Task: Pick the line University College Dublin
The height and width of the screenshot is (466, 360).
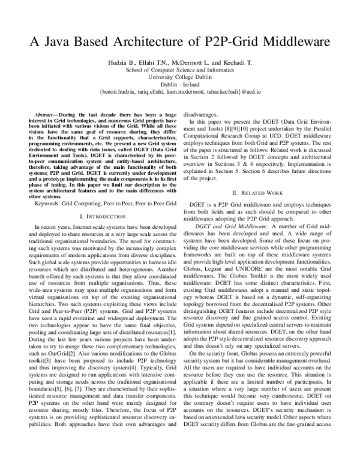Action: [179, 77]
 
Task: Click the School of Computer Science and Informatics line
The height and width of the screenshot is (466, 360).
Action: [179, 70]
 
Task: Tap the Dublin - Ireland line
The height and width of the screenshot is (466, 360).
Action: [179, 85]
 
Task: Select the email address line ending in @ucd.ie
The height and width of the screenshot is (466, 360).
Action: [179, 94]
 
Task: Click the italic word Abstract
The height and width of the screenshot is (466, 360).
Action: [44, 113]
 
